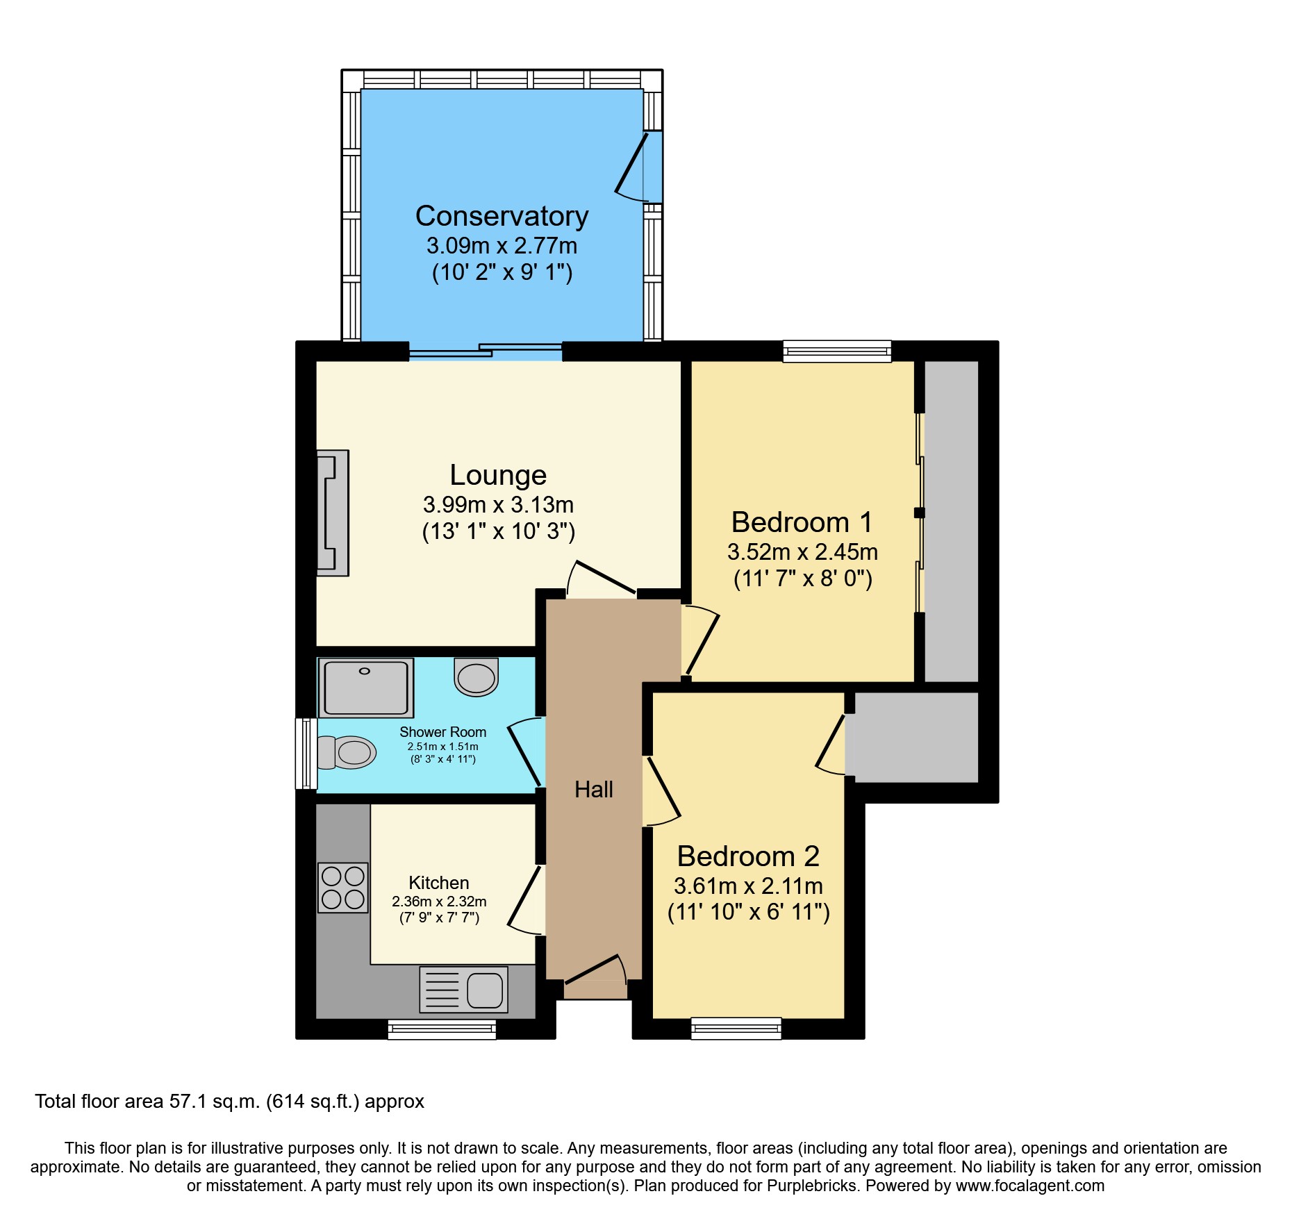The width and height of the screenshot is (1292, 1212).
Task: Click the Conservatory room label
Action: pyautogui.click(x=502, y=216)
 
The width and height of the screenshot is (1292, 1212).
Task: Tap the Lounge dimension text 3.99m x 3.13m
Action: pyautogui.click(x=498, y=505)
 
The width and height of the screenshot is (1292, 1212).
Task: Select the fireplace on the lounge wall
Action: pyautogui.click(x=333, y=513)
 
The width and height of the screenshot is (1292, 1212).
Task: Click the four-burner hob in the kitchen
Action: pyautogui.click(x=343, y=888)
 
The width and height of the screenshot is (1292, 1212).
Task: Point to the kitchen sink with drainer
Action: pyautogui.click(x=463, y=990)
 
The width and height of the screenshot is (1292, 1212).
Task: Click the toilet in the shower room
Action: pyautogui.click(x=347, y=753)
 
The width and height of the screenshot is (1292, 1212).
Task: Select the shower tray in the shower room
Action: pyautogui.click(x=366, y=688)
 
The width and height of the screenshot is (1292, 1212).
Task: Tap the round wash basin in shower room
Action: pyautogui.click(x=477, y=676)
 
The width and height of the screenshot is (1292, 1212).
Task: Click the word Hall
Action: pyautogui.click(x=594, y=790)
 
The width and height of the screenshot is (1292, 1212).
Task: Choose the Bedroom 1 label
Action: pyautogui.click(x=802, y=522)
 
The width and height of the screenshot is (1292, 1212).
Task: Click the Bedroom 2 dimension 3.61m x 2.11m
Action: pyautogui.click(x=748, y=886)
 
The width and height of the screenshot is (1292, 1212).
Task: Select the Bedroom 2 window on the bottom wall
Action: pyautogui.click(x=736, y=1029)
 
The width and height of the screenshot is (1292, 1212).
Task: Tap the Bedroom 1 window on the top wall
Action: pyautogui.click(x=837, y=351)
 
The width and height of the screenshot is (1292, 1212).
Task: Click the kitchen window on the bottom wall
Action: pyautogui.click(x=442, y=1029)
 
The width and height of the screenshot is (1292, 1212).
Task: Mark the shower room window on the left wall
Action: pyautogui.click(x=306, y=754)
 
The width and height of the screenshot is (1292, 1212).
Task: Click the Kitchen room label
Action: pyautogui.click(x=439, y=883)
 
